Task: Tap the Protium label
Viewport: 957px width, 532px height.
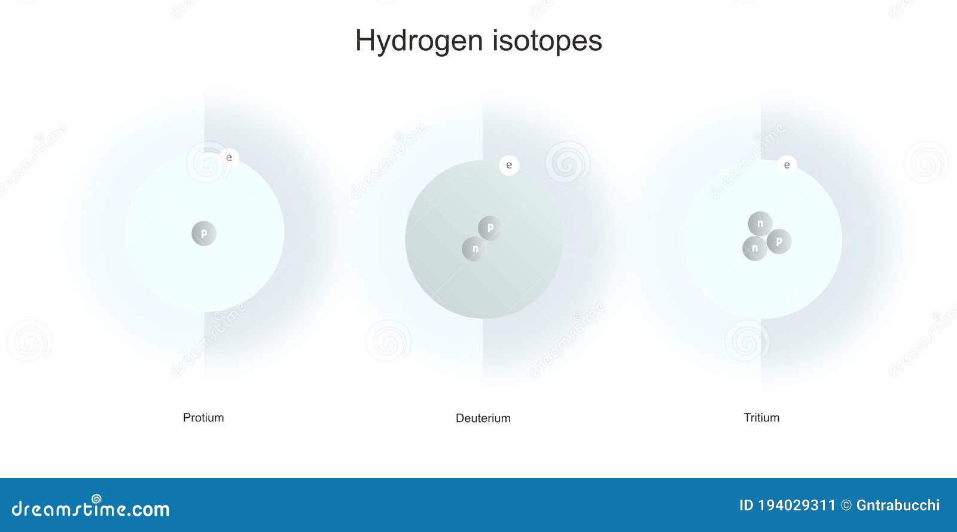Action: pos(203,417)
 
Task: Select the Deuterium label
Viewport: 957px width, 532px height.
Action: pos(483,418)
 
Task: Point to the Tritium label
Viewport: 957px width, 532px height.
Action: pos(761,417)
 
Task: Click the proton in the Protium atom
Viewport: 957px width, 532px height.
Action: pos(204,233)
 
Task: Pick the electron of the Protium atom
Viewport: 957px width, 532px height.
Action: pos(229,158)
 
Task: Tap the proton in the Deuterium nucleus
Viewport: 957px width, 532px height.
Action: pos(490,228)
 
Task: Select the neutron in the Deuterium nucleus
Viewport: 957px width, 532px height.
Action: pos(474,249)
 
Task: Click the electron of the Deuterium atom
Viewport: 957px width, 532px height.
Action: pos(509,165)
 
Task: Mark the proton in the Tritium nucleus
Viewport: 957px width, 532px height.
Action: pos(779,241)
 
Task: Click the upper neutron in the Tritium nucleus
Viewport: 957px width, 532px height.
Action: pos(760,224)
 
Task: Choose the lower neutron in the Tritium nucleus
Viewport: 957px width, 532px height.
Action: pos(755,248)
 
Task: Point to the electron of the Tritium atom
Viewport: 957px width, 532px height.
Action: pos(787,165)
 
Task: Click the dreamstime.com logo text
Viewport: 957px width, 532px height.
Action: pos(91,508)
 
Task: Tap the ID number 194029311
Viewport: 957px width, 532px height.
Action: pos(796,505)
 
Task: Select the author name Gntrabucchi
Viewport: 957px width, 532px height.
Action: pos(898,505)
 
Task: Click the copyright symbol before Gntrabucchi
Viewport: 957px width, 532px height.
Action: pos(846,506)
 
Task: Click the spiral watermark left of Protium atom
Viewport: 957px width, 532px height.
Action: pos(29,341)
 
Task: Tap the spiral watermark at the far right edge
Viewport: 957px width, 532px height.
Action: pos(926,161)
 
